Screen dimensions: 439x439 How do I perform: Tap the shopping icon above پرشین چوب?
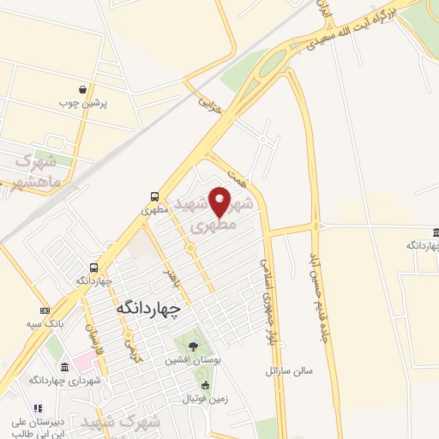(81, 89)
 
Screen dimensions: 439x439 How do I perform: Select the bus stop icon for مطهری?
(153, 195)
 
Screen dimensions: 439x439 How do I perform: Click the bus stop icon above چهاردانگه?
(94, 268)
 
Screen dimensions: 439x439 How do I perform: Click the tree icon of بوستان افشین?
(192, 347)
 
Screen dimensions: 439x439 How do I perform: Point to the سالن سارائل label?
(286, 372)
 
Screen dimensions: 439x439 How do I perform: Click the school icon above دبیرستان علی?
(37, 408)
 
